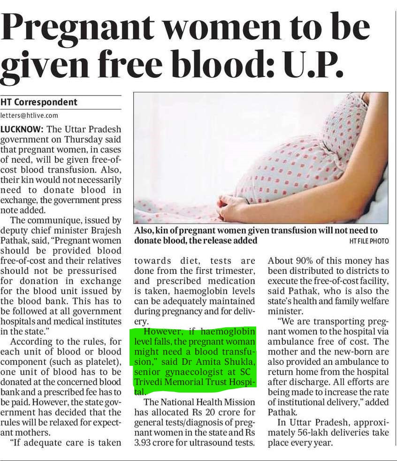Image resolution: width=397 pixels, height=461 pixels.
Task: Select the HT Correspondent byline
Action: click(39, 102)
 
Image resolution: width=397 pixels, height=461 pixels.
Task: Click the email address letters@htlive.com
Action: click(29, 115)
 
